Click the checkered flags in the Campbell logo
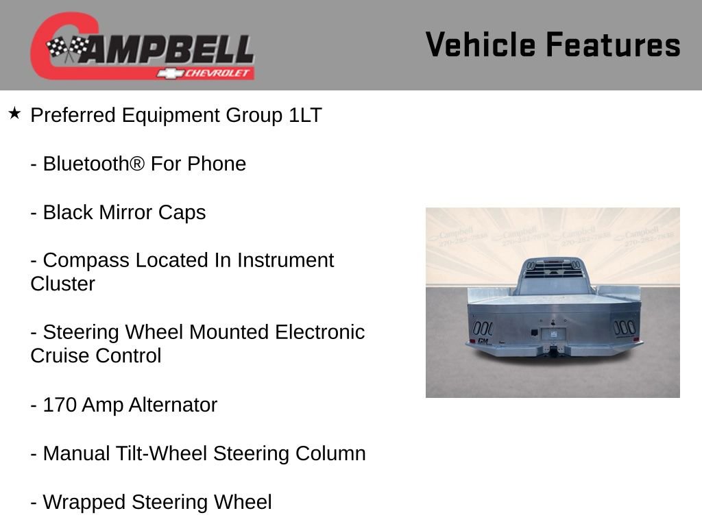(x=67, y=48)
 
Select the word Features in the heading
(x=613, y=45)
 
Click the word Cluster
(x=62, y=284)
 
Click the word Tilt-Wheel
(x=162, y=453)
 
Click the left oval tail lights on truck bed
(x=483, y=327)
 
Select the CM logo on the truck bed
(x=483, y=340)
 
